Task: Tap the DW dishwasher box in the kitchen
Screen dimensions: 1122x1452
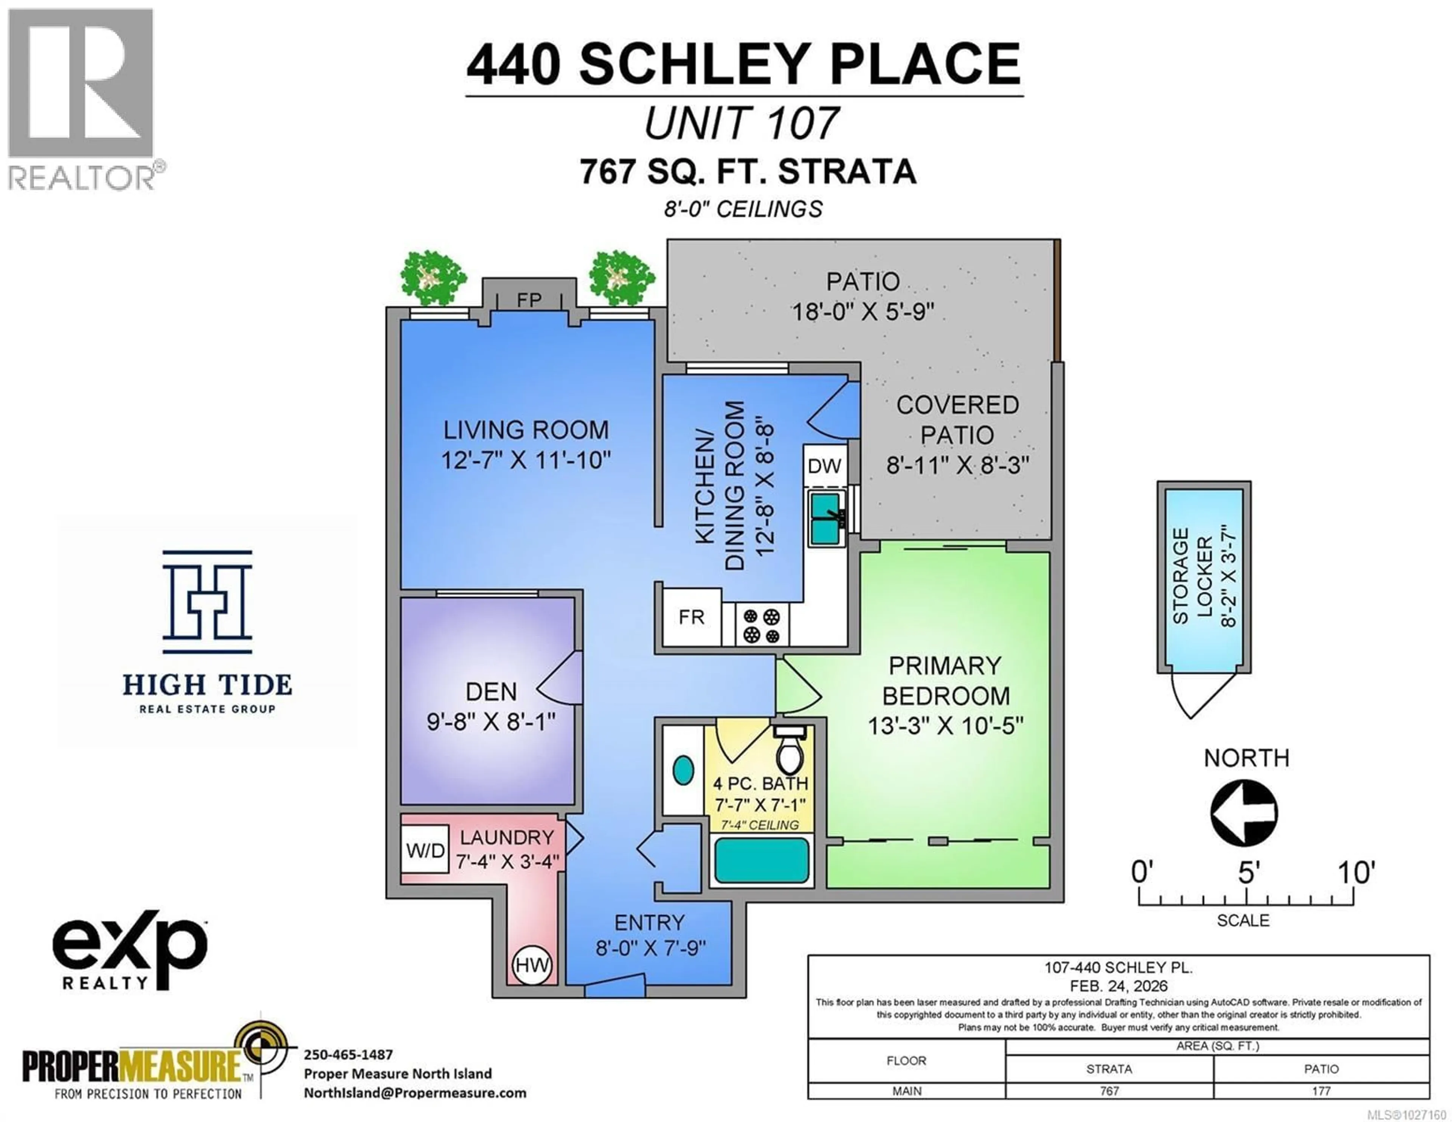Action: [824, 466]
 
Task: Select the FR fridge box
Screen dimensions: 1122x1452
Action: [692, 617]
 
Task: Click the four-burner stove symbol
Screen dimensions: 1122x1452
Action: [761, 626]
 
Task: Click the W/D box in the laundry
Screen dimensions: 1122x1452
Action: [425, 850]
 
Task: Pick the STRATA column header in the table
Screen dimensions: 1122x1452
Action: [1109, 1069]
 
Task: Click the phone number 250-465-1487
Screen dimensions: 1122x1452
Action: [348, 1054]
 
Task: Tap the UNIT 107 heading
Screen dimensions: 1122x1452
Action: [742, 124]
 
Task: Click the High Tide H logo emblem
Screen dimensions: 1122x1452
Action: [208, 602]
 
